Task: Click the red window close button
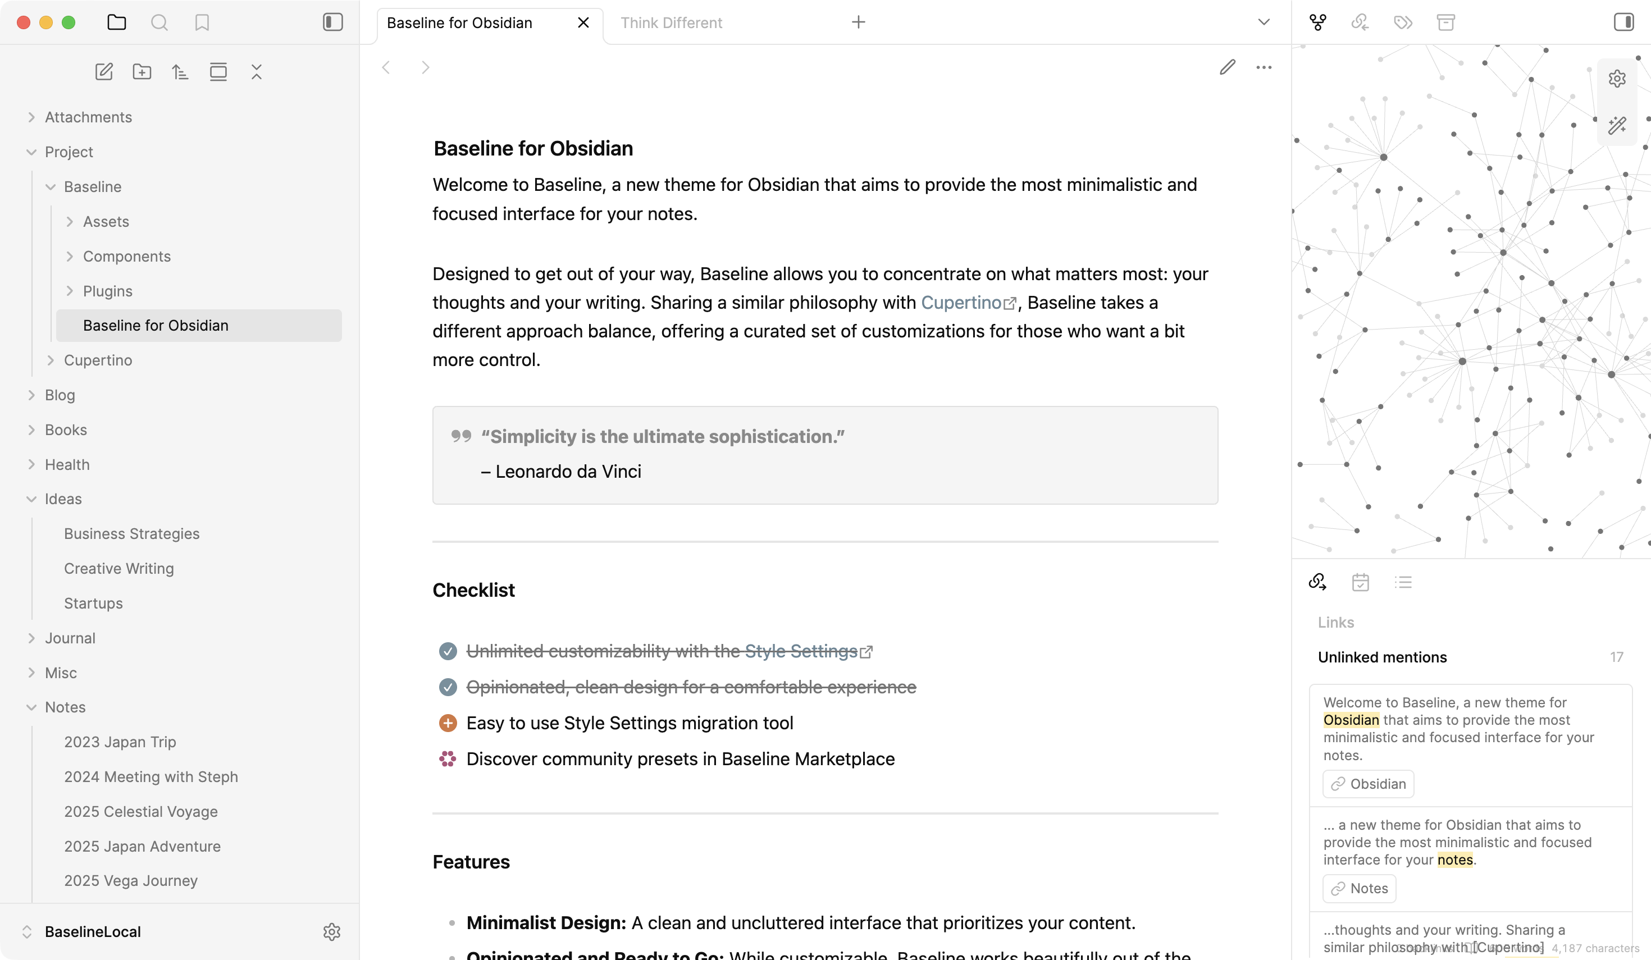point(24,23)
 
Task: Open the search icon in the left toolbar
point(159,23)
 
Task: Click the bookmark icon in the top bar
point(202,23)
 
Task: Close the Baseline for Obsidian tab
point(583,23)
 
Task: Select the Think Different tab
point(671,23)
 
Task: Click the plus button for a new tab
point(858,23)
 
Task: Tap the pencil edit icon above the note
point(1227,67)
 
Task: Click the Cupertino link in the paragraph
point(960,303)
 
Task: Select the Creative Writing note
point(118,568)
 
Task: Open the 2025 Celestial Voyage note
point(141,811)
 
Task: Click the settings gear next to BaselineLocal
point(331,931)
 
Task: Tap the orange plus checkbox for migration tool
point(448,723)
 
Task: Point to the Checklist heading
point(473,590)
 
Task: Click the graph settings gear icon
point(1617,79)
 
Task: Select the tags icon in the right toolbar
point(1403,23)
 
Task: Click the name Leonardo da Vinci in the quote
point(568,472)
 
